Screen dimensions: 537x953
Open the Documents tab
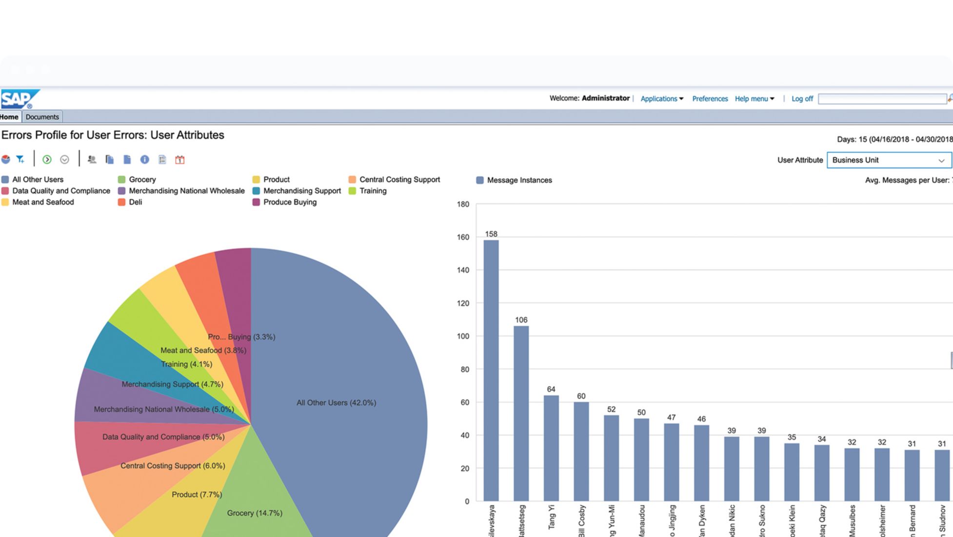pyautogui.click(x=42, y=117)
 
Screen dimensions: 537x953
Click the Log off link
pyautogui.click(x=802, y=99)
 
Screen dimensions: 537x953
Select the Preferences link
pyautogui.click(x=710, y=99)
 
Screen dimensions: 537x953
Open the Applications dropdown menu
pyautogui.click(x=661, y=99)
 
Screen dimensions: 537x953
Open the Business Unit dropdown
pyautogui.click(x=889, y=160)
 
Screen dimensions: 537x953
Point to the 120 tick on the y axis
pyautogui.click(x=463, y=303)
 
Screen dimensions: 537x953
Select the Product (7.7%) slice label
pyautogui.click(x=197, y=495)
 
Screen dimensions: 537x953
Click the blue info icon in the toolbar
pyautogui.click(x=144, y=160)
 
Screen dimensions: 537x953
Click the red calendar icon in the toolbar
pyautogui.click(x=180, y=160)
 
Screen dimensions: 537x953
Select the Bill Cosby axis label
pyautogui.click(x=581, y=521)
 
